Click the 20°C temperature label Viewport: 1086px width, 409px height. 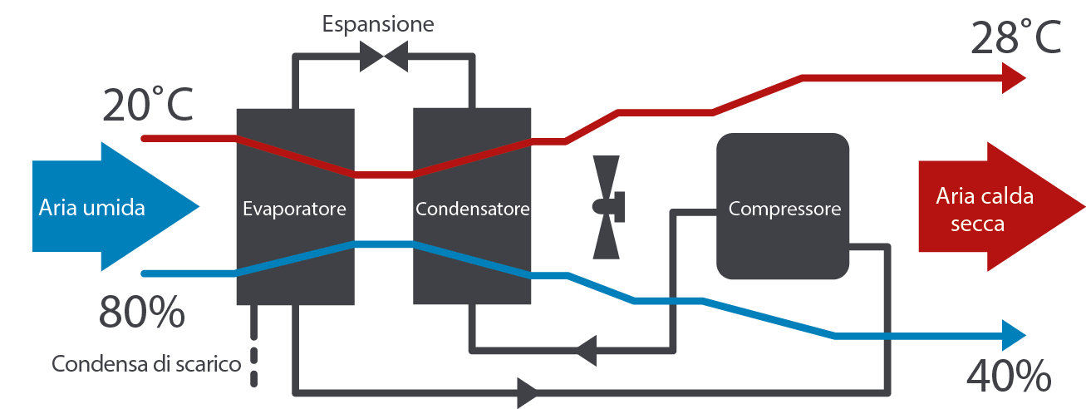click(148, 106)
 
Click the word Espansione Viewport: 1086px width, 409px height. click(378, 23)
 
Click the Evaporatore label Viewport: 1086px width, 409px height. click(294, 209)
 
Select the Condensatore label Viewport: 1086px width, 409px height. click(472, 209)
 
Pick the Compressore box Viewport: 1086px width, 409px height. click(784, 206)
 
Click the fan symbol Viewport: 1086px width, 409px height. click(607, 204)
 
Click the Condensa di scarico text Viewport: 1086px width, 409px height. click(146, 364)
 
